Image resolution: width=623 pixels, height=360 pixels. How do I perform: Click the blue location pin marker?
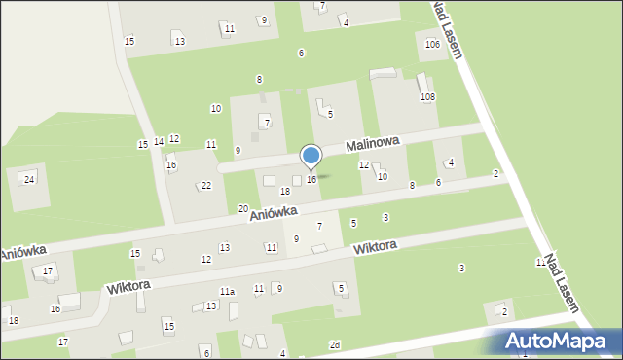[x=311, y=157]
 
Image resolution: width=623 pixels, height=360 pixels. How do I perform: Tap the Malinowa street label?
[x=374, y=143]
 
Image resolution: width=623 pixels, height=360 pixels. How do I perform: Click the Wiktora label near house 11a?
[x=128, y=287]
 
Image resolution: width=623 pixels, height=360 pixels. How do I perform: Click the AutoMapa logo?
[x=556, y=342]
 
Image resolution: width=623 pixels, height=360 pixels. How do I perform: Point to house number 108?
[x=426, y=97]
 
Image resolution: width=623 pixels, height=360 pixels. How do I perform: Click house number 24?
[x=29, y=179]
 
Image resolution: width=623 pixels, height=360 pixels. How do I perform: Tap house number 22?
[x=205, y=186]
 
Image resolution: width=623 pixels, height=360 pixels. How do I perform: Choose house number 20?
[x=242, y=208]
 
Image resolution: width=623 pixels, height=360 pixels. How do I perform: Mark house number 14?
[x=158, y=142]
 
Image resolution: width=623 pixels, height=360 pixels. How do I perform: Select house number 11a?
[x=227, y=292]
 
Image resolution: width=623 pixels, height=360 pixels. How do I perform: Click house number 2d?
[x=334, y=344]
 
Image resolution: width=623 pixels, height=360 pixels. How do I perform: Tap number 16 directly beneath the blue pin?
[x=311, y=179]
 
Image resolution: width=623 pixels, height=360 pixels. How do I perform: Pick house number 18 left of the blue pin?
[x=285, y=191]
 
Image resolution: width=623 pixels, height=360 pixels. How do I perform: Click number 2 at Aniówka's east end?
[x=495, y=173]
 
